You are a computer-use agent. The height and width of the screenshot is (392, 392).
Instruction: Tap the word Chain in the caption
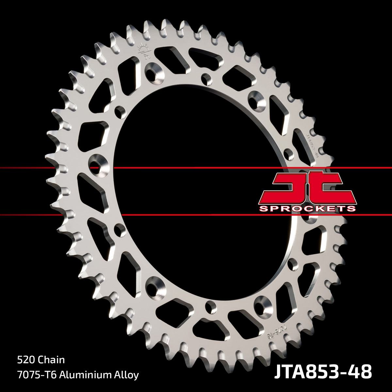[51, 360]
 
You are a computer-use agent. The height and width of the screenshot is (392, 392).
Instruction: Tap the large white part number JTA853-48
[322, 372]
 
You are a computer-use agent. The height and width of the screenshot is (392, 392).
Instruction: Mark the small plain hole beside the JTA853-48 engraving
[289, 153]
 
